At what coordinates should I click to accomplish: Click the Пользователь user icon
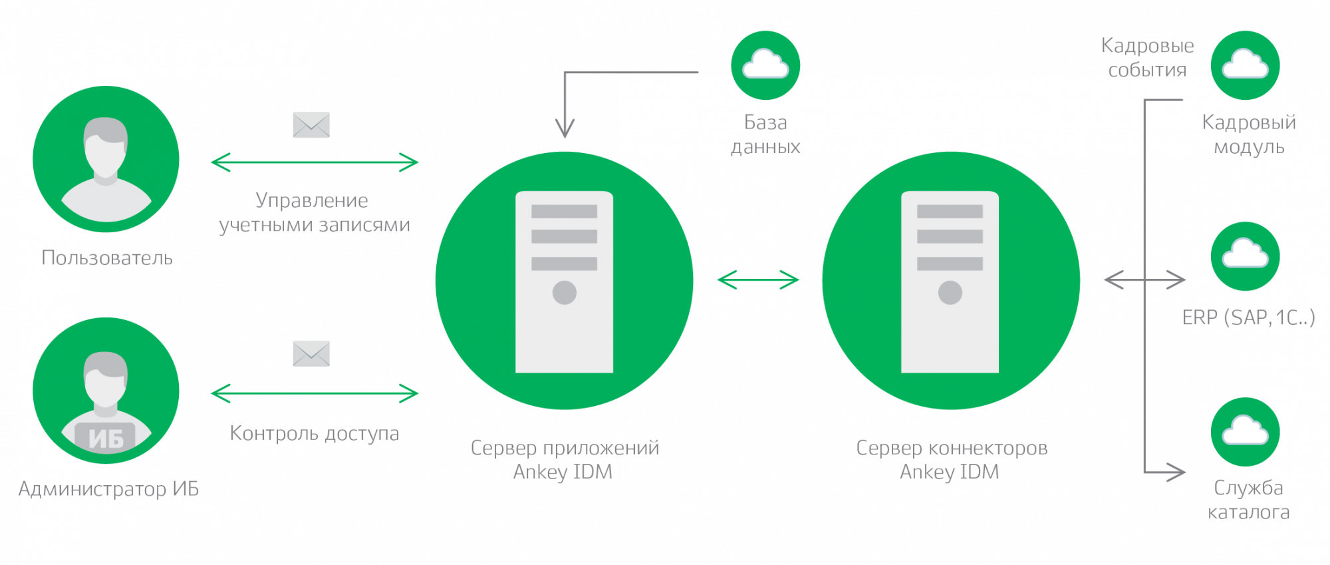106,159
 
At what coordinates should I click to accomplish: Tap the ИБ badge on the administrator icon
106,438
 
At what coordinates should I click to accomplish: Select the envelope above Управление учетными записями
311,125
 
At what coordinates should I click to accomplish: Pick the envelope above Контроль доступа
311,353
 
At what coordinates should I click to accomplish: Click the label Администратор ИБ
108,489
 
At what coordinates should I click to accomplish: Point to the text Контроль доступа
315,433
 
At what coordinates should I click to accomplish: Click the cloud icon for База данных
765,65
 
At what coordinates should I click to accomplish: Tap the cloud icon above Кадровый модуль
1246,65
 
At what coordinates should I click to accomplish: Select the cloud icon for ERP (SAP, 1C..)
1246,256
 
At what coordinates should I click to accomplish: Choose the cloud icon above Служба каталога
1246,432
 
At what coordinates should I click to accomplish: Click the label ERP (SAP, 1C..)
1248,317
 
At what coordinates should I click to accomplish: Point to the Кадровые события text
1148,57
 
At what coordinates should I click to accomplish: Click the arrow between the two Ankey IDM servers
758,280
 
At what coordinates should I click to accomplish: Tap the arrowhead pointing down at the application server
565,128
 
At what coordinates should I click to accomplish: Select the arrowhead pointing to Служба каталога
1176,472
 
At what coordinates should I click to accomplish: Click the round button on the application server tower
565,292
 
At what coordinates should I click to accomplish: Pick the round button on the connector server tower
950,292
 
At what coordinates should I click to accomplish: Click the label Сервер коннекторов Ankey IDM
952,460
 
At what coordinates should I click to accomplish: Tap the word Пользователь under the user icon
107,258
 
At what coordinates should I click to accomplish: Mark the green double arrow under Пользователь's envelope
315,162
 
